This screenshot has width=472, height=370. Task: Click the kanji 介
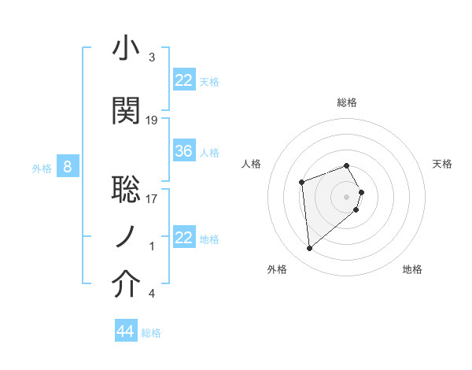pos(126,285)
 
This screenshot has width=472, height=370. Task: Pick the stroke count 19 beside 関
pos(152,120)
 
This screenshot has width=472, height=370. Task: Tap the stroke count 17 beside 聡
pos(152,198)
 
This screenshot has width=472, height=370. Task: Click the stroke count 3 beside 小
pos(152,57)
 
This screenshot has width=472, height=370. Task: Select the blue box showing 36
pos(184,151)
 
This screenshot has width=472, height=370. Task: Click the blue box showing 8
pos(68,167)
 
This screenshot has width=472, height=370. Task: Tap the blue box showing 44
pos(125,331)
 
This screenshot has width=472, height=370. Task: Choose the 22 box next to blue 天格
pos(184,80)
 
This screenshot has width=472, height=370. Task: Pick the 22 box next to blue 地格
pos(184,238)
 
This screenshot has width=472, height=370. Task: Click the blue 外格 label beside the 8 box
pos(41,168)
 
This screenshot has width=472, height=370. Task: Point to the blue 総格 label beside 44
pos(151,333)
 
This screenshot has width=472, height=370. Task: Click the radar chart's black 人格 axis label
pos(252,164)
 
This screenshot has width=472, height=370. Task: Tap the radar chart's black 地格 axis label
pos(412,269)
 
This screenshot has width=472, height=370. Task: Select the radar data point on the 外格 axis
pos(310,249)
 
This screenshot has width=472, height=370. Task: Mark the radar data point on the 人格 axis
pos(301,183)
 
